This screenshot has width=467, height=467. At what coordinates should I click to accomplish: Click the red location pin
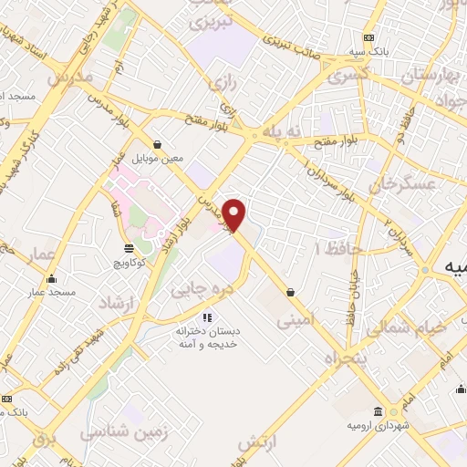point(235,215)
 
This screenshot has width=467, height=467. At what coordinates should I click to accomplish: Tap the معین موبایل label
point(158,158)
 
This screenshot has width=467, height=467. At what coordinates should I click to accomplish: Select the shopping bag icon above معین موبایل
point(158,144)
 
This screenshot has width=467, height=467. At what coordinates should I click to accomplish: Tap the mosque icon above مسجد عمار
point(52,278)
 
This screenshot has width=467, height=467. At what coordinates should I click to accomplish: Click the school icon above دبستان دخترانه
point(206,317)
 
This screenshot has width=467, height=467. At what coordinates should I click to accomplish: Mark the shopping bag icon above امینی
point(290,293)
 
